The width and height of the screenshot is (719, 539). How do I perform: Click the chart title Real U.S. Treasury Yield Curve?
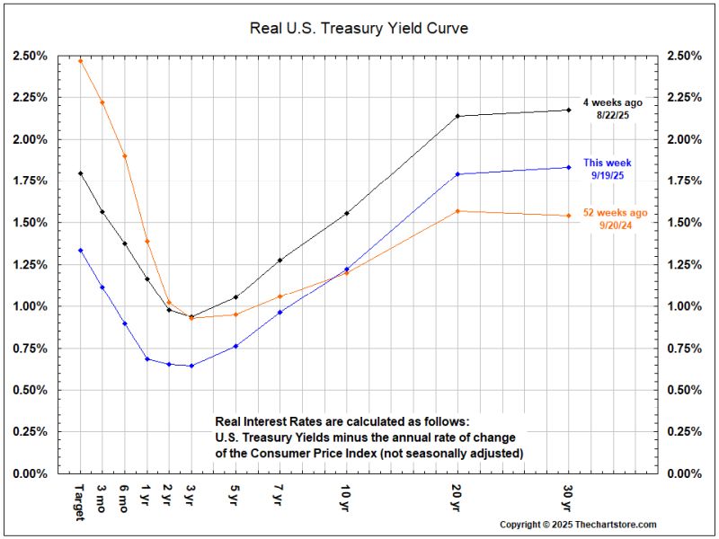pos(359,29)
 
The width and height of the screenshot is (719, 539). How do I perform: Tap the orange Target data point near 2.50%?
pos(81,61)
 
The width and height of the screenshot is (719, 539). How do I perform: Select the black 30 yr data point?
pos(569,110)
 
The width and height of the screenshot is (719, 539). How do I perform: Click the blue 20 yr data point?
pos(458,174)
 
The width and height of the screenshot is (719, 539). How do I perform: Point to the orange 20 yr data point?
pos(458,211)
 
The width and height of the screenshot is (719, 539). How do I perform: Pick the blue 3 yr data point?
pos(191,366)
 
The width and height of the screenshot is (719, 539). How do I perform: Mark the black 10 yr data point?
pos(347,213)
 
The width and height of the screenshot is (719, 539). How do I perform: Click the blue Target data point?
pos(81,251)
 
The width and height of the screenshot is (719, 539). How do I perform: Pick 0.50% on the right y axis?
pos(686,390)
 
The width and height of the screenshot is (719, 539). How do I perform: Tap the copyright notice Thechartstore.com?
pos(578,525)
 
